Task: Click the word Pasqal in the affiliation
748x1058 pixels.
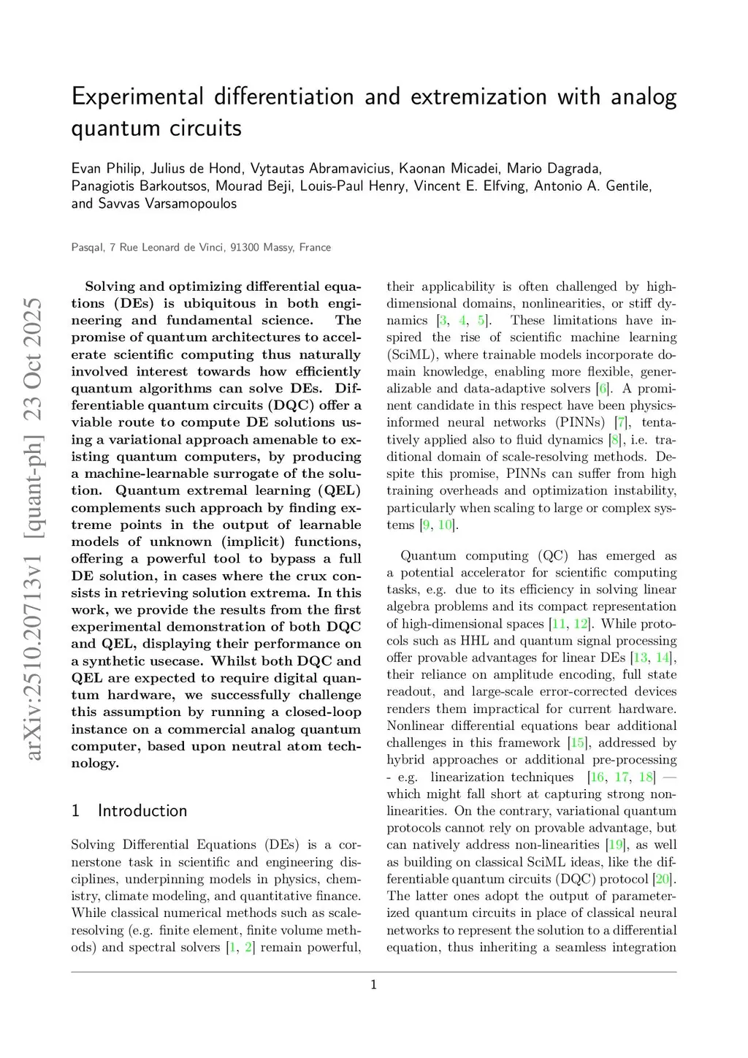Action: pyautogui.click(x=87, y=248)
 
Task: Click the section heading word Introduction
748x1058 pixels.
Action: pyautogui.click(x=142, y=811)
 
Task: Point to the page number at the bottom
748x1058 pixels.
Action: pyautogui.click(x=374, y=985)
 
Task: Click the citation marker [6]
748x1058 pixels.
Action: pyautogui.click(x=603, y=389)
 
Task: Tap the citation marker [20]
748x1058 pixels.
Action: pyautogui.click(x=663, y=879)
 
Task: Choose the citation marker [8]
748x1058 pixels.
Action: pyautogui.click(x=616, y=440)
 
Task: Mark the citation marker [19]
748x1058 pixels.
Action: pyautogui.click(x=615, y=845)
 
